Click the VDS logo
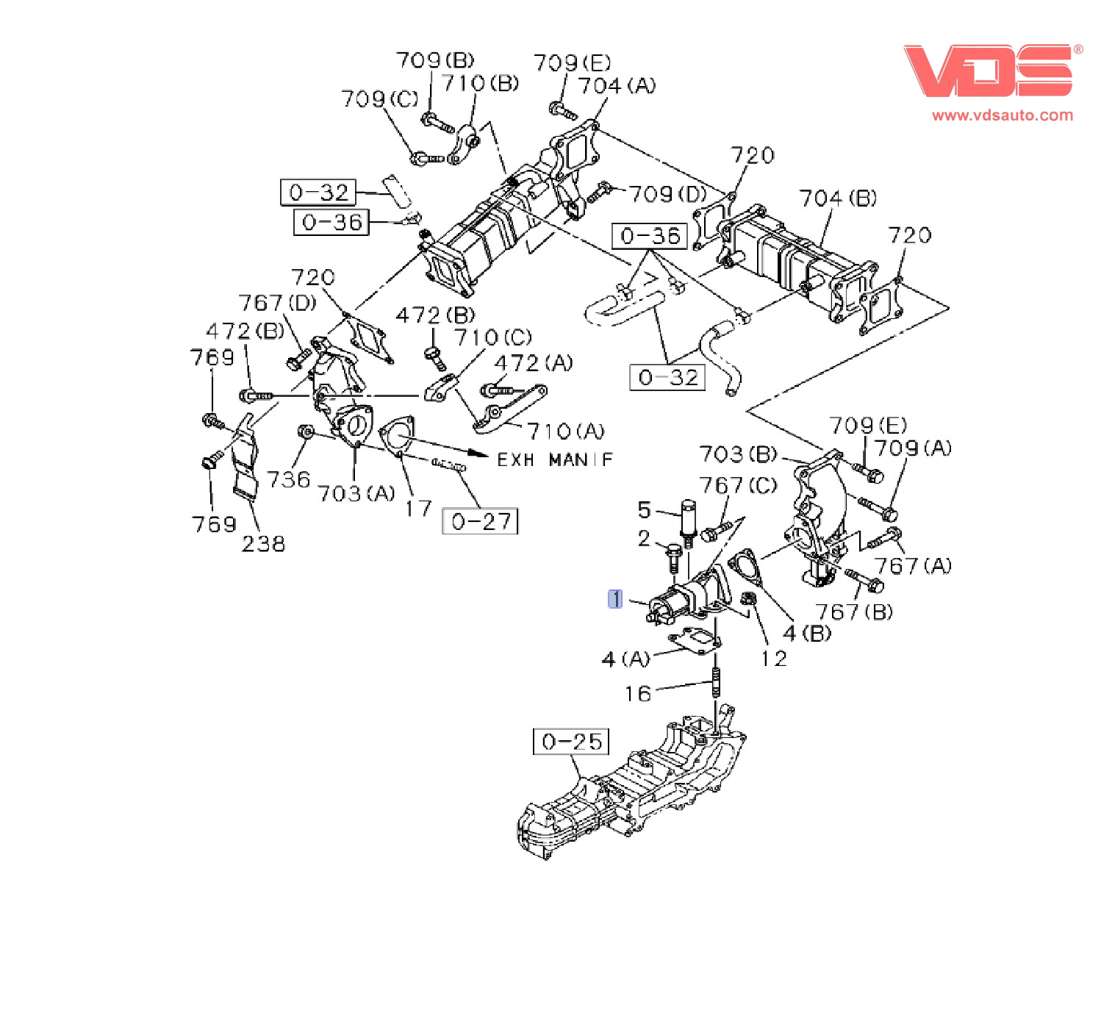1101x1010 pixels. click(x=989, y=70)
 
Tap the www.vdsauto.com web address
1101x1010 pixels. click(x=1002, y=115)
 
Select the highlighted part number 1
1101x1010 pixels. click(x=615, y=599)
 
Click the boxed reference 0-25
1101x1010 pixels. click(x=571, y=741)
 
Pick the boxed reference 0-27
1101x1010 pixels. click(x=480, y=521)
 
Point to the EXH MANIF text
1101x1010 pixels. click(x=555, y=459)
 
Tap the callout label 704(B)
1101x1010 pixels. click(x=838, y=198)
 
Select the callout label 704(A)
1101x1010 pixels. click(x=616, y=86)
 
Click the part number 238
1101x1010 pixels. click(x=263, y=544)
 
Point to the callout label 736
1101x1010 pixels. click(x=288, y=480)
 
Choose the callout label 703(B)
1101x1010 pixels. click(x=737, y=454)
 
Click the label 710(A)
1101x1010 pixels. click(x=565, y=431)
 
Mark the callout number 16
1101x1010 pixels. click(x=638, y=694)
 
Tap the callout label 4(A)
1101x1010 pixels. click(x=625, y=659)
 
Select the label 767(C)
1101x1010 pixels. click(x=737, y=486)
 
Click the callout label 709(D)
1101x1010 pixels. click(x=667, y=194)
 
